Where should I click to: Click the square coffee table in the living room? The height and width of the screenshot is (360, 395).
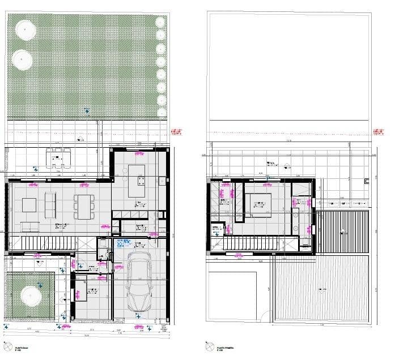tap(30, 204)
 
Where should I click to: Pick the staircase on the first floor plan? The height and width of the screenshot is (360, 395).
tap(253, 243)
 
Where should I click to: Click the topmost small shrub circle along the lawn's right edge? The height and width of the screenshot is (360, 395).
tap(160, 22)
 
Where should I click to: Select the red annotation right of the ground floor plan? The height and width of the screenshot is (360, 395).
tap(178, 132)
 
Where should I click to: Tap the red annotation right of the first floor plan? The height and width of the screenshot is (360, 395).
tap(378, 132)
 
